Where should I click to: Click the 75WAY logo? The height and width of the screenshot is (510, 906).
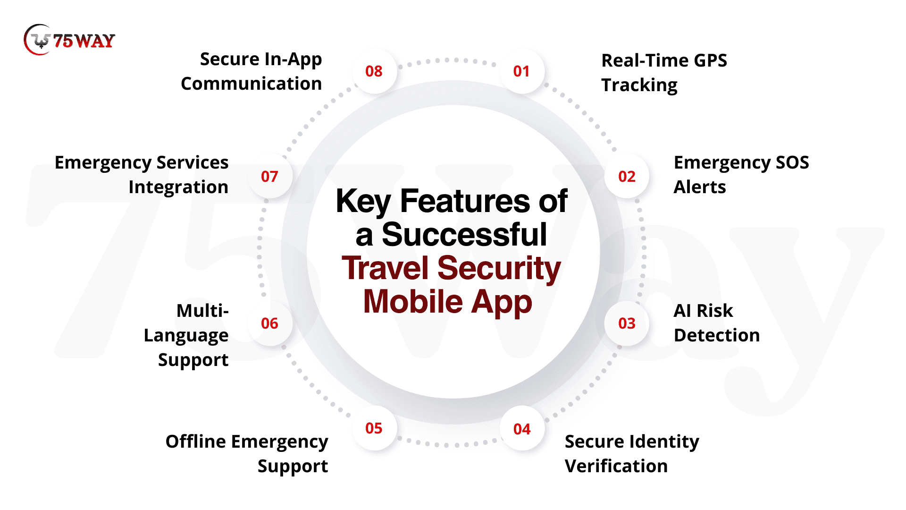click(x=69, y=40)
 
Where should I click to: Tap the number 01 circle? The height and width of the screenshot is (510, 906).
click(x=521, y=71)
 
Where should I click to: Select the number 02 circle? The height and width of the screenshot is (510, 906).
click(x=627, y=177)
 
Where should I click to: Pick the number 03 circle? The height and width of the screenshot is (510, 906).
click(x=627, y=323)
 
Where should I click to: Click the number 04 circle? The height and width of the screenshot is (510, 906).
click(x=522, y=429)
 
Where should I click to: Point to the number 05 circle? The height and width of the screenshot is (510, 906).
click(x=374, y=428)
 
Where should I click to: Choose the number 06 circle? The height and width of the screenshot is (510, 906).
click(x=269, y=323)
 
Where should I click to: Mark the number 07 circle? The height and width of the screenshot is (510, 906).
click(x=269, y=177)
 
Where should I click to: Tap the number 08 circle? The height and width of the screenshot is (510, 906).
click(x=374, y=71)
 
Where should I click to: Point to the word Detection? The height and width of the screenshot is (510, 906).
click(x=717, y=335)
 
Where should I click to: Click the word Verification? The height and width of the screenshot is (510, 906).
click(x=616, y=466)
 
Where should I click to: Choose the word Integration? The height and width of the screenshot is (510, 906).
click(x=178, y=188)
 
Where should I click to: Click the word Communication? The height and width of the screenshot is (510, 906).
click(x=252, y=84)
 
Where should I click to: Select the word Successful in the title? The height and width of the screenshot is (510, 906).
click(x=464, y=234)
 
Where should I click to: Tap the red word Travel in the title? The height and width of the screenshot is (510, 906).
click(x=385, y=268)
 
